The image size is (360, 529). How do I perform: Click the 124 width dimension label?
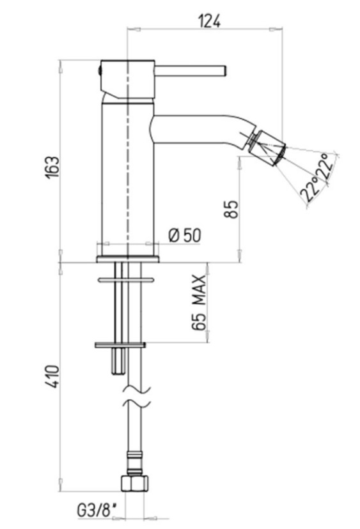[x=209, y=21]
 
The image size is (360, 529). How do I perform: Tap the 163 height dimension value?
[x=53, y=167]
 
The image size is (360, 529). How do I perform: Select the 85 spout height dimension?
[x=231, y=209]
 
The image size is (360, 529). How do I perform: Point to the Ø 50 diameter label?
[x=184, y=235]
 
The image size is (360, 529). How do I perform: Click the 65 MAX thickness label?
[x=198, y=302]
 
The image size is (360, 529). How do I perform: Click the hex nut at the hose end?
[x=135, y=484]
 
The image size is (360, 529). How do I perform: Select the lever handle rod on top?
[x=190, y=71]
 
